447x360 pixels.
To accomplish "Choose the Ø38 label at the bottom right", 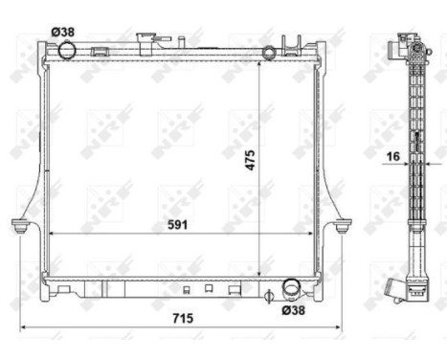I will click(296, 308).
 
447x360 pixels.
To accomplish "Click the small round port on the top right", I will click(269, 51).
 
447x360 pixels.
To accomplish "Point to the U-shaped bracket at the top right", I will click(293, 44).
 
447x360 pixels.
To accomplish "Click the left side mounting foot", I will click(20, 227).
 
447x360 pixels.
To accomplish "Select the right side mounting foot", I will click(342, 227).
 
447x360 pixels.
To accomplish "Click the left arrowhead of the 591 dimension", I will click(52, 234).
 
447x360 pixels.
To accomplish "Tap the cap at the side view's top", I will click(402, 43).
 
